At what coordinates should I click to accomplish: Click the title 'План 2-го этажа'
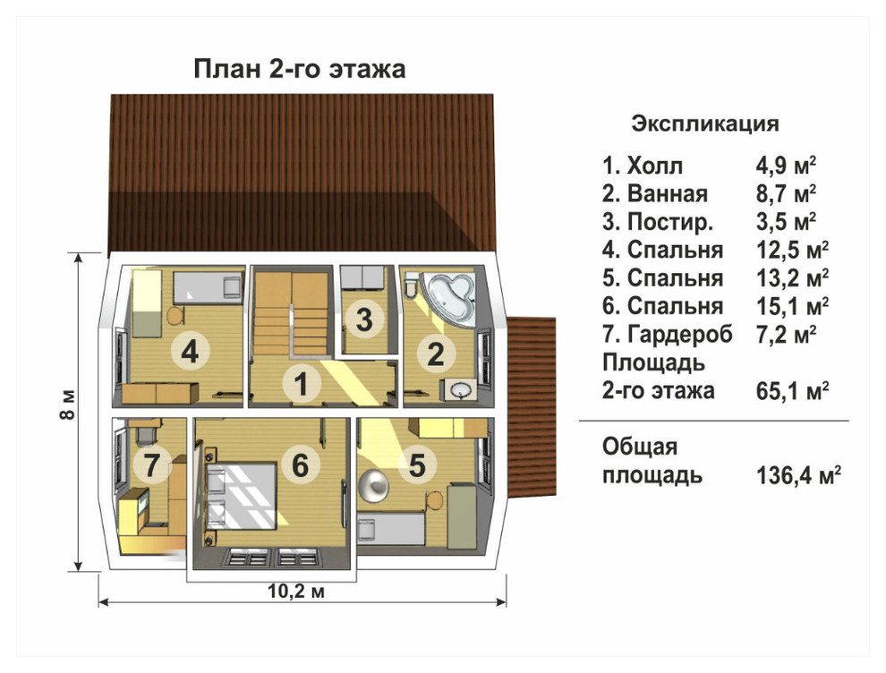pyautogui.click(x=300, y=69)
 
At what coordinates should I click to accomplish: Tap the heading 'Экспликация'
pyautogui.click(x=705, y=124)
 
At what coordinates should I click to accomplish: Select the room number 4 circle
pyautogui.click(x=189, y=353)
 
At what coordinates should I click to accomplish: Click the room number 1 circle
pyautogui.click(x=302, y=386)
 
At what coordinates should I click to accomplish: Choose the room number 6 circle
pyautogui.click(x=300, y=465)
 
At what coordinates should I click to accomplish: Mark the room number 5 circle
pyautogui.click(x=417, y=465)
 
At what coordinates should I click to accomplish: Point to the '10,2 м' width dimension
pyautogui.click(x=295, y=590)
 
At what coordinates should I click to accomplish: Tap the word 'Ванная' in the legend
pyautogui.click(x=668, y=194)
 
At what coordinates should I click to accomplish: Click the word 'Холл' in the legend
pyautogui.click(x=655, y=166)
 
